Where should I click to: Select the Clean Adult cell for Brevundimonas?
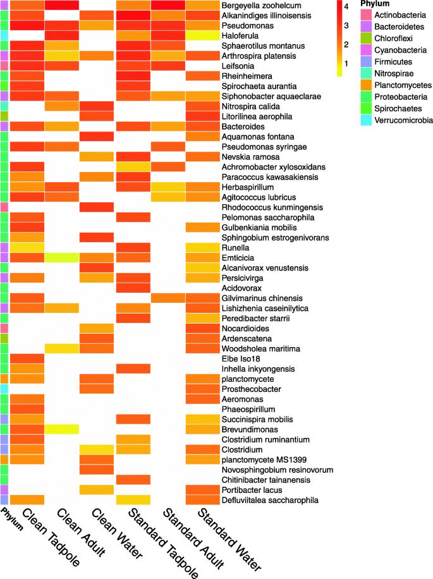tap(61, 429)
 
